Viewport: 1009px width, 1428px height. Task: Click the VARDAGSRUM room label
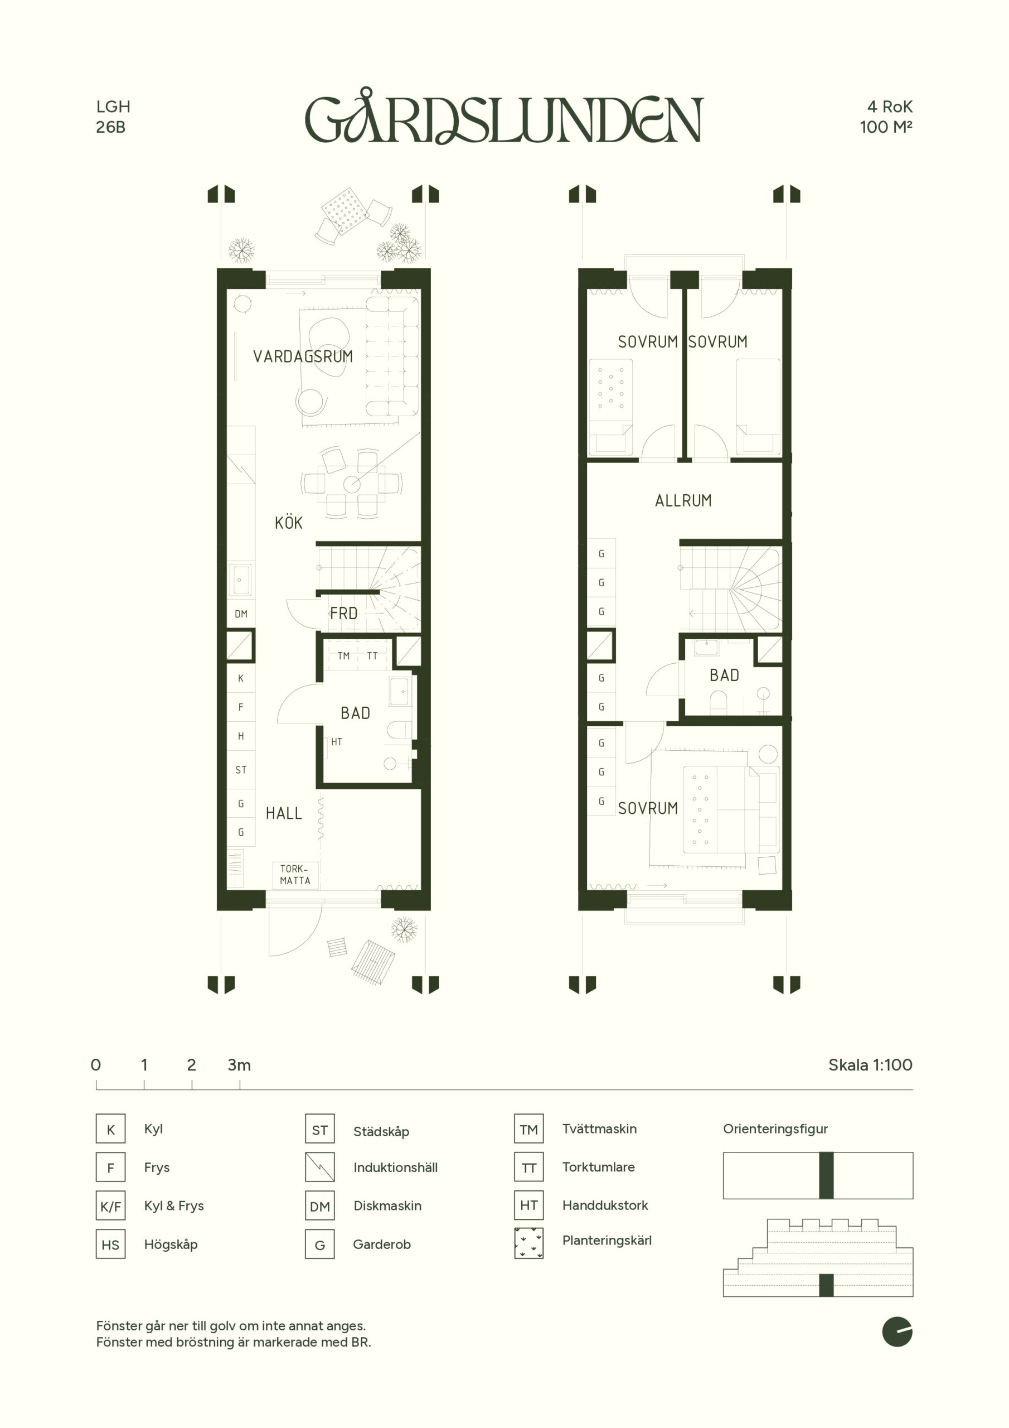click(303, 356)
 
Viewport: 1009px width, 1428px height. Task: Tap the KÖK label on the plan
click(288, 523)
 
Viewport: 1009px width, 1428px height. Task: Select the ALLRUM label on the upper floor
click(683, 501)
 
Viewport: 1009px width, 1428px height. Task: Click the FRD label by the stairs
click(344, 614)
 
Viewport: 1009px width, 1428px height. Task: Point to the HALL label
click(284, 813)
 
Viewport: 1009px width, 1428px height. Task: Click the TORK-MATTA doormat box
click(295, 875)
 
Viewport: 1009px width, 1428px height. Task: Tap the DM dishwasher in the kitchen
click(241, 614)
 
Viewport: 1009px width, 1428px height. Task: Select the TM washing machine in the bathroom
click(344, 655)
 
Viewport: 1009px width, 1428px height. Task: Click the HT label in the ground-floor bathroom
click(336, 742)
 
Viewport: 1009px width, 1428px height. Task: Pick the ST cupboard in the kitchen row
click(241, 770)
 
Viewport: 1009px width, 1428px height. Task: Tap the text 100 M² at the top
click(886, 127)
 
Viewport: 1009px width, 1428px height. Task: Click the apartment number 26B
click(111, 127)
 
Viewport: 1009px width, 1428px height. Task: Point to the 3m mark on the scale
click(239, 1065)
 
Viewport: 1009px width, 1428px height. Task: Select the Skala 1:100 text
click(870, 1065)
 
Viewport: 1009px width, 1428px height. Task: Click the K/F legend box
click(111, 1207)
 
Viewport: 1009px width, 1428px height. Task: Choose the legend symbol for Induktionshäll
click(320, 1168)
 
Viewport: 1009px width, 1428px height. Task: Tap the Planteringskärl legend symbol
click(529, 1243)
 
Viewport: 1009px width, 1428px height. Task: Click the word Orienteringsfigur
click(775, 1129)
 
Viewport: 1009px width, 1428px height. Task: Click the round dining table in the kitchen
click(352, 483)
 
